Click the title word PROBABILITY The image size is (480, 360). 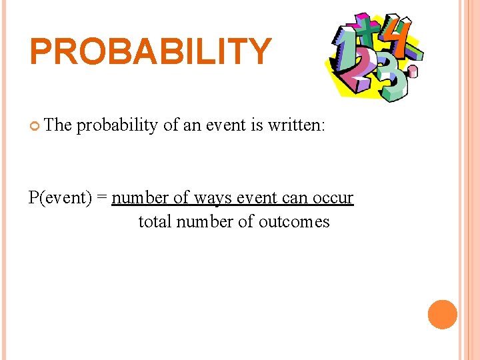[x=151, y=51]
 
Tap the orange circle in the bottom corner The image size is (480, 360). [x=443, y=315]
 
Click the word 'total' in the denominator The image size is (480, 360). [x=155, y=221]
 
